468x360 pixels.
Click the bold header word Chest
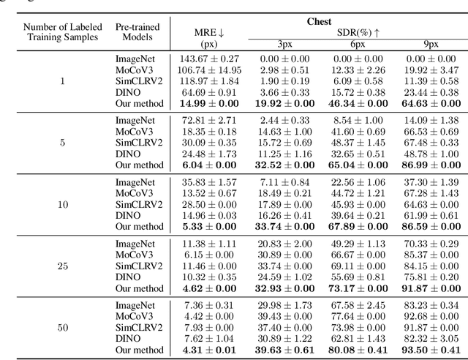pyautogui.click(x=317, y=22)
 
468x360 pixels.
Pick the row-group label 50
pyautogui.click(x=61, y=329)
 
